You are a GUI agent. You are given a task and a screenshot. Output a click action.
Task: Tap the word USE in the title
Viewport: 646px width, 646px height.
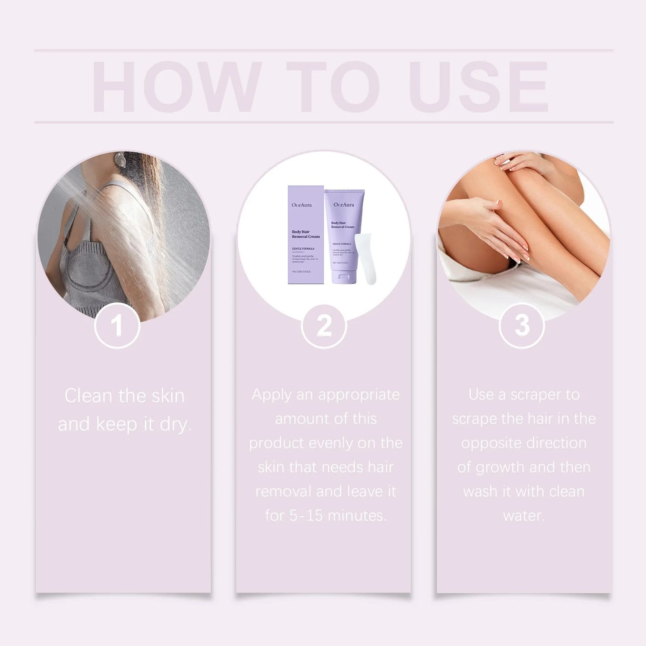(x=478, y=87)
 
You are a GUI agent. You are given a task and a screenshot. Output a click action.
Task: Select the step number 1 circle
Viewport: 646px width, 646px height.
(x=117, y=325)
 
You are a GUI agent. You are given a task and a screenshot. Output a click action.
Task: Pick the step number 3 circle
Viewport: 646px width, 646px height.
(x=522, y=325)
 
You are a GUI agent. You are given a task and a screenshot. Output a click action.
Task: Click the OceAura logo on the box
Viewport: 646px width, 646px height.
(x=301, y=205)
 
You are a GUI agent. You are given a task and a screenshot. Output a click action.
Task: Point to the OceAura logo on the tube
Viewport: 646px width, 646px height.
(x=344, y=205)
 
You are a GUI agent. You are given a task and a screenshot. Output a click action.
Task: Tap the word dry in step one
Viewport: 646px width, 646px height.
(x=174, y=424)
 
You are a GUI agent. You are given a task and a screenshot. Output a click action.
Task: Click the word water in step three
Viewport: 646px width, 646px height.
(x=523, y=516)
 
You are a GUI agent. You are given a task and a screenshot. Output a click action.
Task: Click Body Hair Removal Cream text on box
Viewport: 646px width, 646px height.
(x=305, y=234)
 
